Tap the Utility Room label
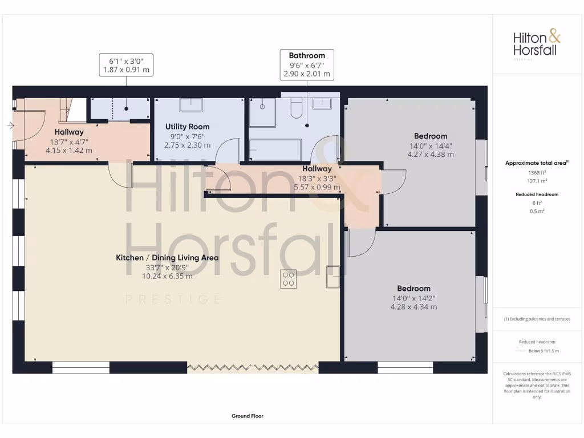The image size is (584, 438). click(x=188, y=127)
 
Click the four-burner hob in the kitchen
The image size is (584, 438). click(x=288, y=279)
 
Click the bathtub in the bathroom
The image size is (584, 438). click(x=275, y=150)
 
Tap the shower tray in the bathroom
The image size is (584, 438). click(x=262, y=113)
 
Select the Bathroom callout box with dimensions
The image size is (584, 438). click(x=307, y=64)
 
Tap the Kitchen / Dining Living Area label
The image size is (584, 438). click(x=167, y=258)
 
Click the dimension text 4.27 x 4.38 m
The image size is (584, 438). click(x=431, y=154)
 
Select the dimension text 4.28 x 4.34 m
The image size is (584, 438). click(x=414, y=307)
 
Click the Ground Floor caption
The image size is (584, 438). click(x=248, y=416)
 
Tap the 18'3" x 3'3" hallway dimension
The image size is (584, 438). click(x=317, y=178)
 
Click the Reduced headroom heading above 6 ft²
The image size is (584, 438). click(x=537, y=194)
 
